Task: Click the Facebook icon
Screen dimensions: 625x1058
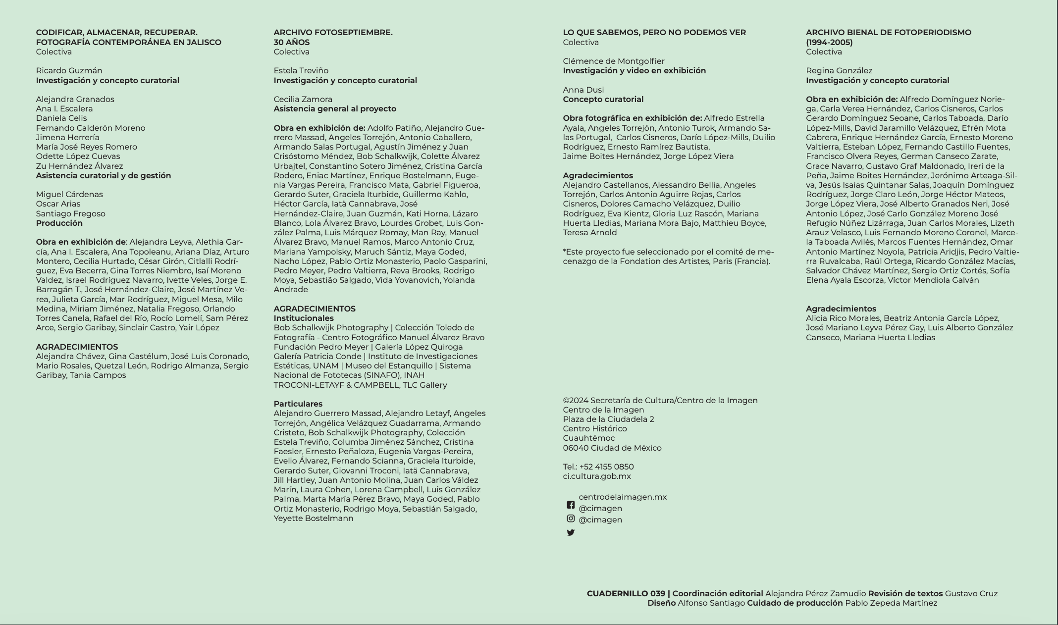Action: (x=571, y=505)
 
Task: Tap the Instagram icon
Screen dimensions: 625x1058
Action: (x=571, y=519)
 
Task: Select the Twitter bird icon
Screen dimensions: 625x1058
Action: (x=571, y=533)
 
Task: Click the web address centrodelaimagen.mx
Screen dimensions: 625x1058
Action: (x=623, y=497)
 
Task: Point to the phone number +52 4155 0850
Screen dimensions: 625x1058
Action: (x=606, y=467)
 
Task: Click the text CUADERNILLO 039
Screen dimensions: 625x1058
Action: (x=626, y=593)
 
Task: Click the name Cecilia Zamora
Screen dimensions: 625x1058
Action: (x=303, y=99)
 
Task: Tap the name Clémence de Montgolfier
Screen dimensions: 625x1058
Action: (x=613, y=61)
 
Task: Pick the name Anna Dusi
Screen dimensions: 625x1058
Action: (x=583, y=90)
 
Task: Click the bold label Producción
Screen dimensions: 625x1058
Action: (x=59, y=223)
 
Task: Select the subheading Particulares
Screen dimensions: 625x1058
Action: (x=298, y=404)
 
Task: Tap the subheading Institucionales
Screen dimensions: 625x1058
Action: (x=303, y=318)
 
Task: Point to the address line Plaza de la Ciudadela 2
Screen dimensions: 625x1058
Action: (x=608, y=419)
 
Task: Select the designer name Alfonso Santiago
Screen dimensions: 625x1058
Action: (x=711, y=603)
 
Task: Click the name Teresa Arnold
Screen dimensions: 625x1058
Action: (x=589, y=232)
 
